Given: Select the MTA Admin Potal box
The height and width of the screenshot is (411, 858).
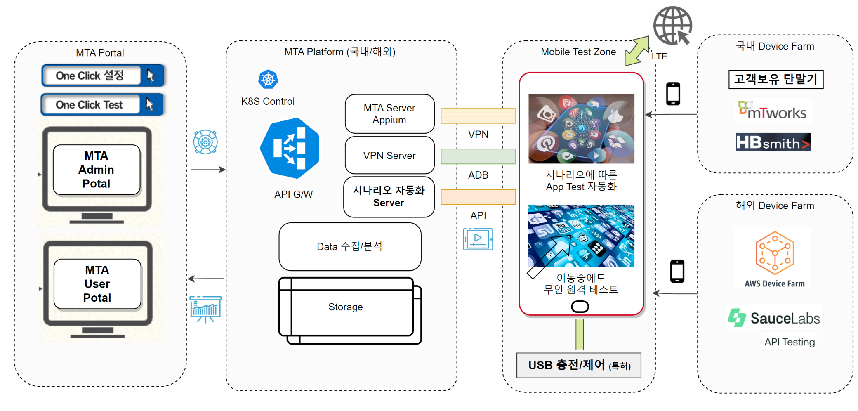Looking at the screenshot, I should click(x=97, y=170).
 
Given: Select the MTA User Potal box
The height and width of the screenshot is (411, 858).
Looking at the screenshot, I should click(x=97, y=284).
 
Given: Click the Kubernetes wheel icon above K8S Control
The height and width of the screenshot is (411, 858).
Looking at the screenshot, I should click(x=268, y=79).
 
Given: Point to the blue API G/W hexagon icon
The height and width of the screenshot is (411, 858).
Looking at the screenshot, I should click(x=290, y=148).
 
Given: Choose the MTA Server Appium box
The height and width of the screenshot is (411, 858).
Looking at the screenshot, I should click(x=389, y=114).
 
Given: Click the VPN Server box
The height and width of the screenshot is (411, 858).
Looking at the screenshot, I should click(x=389, y=156).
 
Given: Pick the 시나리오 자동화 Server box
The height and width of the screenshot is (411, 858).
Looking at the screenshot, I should click(x=389, y=197).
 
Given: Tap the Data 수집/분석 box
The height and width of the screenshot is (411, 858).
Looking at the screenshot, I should click(x=350, y=246).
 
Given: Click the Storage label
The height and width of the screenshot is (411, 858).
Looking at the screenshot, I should click(x=346, y=307).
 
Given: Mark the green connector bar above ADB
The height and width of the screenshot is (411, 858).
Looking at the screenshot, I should click(x=478, y=156).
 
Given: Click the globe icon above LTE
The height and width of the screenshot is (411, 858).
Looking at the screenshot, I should click(x=672, y=25).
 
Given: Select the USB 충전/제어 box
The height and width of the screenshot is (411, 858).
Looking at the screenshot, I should click(x=579, y=365).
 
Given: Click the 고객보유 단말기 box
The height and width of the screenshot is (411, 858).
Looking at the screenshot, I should click(x=775, y=79).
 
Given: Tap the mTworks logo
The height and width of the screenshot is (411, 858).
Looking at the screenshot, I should click(x=773, y=111).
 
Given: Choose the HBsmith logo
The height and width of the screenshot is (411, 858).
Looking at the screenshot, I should click(x=773, y=142).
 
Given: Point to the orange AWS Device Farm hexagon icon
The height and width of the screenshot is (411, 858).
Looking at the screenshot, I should click(x=775, y=253).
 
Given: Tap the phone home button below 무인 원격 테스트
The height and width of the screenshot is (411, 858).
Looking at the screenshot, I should click(x=580, y=307).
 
